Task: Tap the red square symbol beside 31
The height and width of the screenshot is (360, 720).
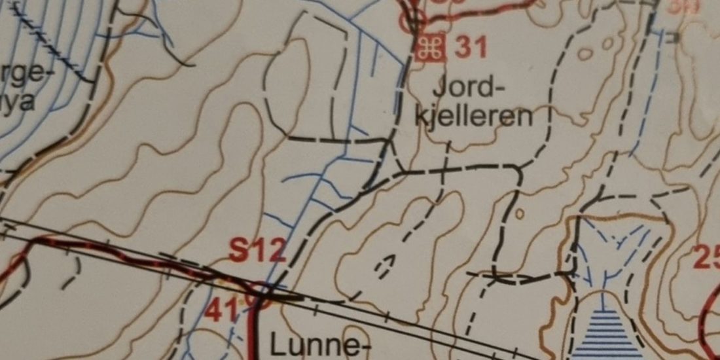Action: [431, 48]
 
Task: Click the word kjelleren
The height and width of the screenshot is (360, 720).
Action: [473, 117]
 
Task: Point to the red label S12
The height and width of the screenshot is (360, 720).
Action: [257, 250]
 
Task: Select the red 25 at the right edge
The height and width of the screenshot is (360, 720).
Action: [707, 257]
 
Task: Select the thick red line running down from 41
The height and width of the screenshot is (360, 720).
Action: [253, 334]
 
